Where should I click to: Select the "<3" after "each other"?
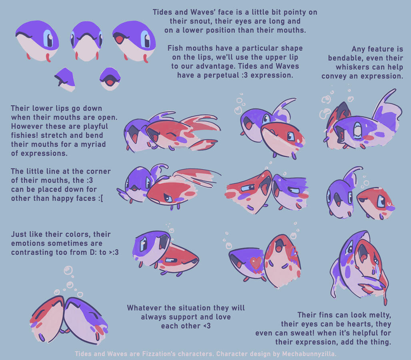coord(206,326)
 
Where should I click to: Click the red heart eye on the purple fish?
coord(256,262)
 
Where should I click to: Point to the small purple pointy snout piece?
coord(65,78)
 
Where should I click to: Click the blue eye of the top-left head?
coord(48,38)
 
